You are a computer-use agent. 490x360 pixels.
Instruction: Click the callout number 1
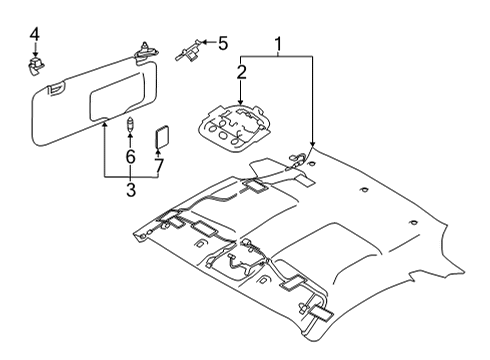(x=279, y=43)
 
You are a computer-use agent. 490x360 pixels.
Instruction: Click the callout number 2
(x=241, y=71)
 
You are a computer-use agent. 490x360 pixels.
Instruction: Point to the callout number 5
(x=222, y=42)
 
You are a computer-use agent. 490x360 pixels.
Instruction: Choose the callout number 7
(x=159, y=163)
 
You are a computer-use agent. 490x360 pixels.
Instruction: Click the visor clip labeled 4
(x=34, y=66)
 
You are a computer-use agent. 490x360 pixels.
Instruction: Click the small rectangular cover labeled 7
(x=160, y=134)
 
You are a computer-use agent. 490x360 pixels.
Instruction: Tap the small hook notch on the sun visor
(x=52, y=91)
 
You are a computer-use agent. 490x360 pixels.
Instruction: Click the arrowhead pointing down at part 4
(x=34, y=55)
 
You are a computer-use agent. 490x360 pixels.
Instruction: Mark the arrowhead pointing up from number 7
(x=159, y=150)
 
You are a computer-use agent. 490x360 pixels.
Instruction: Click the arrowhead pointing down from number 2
(x=241, y=98)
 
